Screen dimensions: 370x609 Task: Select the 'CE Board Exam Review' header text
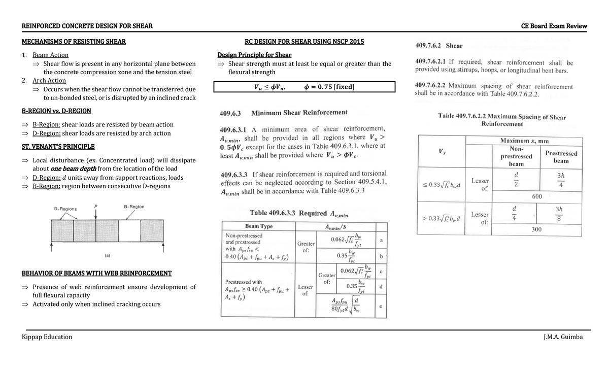pyautogui.click(x=554, y=26)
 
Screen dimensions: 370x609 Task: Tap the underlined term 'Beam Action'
pyautogui.click(x=50, y=55)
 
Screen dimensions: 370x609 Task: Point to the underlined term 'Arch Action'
pyautogui.click(x=49, y=81)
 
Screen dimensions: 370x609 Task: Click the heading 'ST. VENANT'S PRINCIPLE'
pyautogui.click(x=58, y=147)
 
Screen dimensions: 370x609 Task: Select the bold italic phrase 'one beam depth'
pyautogui.click(x=74, y=169)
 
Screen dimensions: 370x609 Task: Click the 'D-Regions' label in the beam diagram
pyautogui.click(x=65, y=209)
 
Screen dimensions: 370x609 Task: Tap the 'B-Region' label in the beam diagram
pyautogui.click(x=134, y=207)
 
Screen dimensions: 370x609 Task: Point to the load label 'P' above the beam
pyautogui.click(x=96, y=206)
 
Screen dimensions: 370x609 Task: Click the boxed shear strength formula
pyautogui.click(x=304, y=87)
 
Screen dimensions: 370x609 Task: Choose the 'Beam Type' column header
pyautogui.click(x=258, y=226)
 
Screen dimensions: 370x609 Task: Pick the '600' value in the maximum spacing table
pyautogui.click(x=537, y=196)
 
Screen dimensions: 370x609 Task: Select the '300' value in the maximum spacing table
pyautogui.click(x=536, y=229)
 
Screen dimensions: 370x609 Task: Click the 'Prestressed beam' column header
pyautogui.click(x=561, y=157)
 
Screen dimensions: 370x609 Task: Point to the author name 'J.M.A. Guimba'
pyautogui.click(x=562, y=337)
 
